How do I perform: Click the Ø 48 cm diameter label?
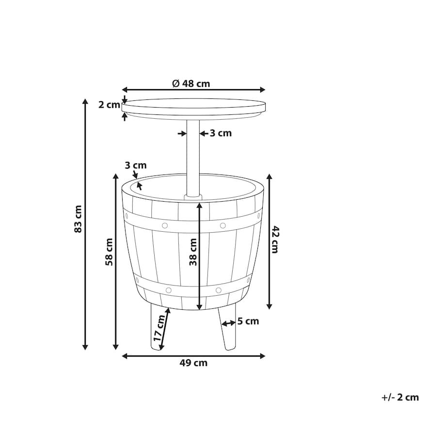tap(191, 83)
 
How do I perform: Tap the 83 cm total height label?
tap(78, 219)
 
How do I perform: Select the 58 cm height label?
tap(109, 252)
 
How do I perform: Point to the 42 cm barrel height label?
tap(275, 239)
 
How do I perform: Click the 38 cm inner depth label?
tap(193, 252)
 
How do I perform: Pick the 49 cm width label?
tap(193, 363)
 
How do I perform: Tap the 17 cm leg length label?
tap(159, 328)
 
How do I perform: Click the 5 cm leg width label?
tap(248, 321)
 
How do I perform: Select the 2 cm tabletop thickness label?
tap(109, 105)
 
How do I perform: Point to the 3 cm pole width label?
tap(221, 133)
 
